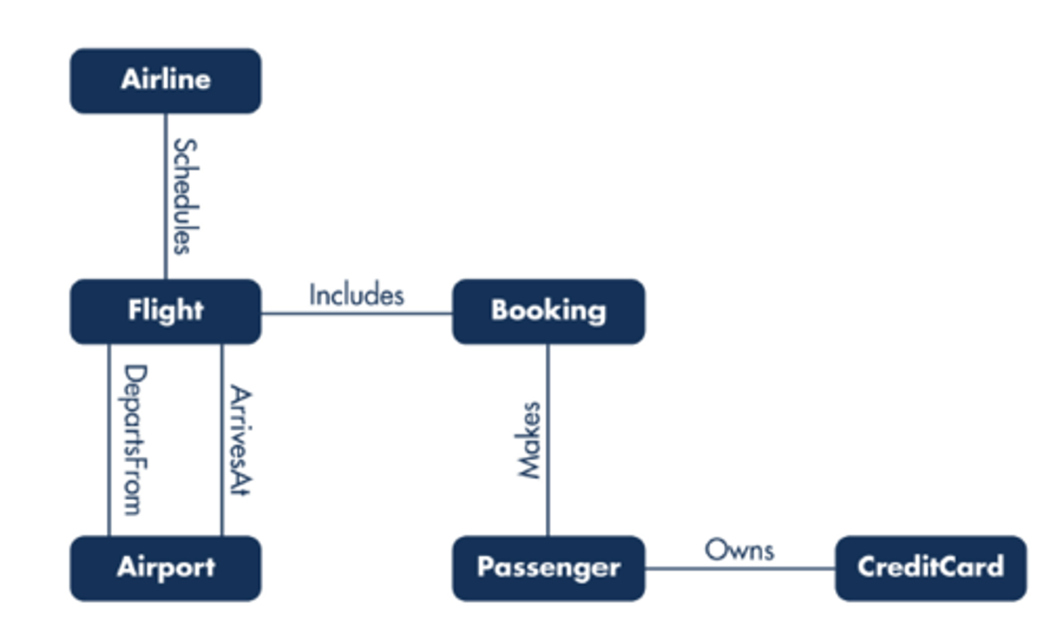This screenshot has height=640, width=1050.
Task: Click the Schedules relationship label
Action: [184, 196]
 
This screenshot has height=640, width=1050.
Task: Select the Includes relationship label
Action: [356, 295]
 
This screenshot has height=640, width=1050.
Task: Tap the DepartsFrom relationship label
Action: [133, 440]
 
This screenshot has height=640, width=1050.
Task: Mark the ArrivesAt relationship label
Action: [239, 440]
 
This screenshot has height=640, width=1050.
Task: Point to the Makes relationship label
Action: [529, 440]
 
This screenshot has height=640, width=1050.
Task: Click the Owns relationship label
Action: [739, 550]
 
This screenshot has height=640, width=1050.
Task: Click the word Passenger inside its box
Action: [548, 567]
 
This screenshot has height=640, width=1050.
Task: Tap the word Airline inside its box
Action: [166, 79]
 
